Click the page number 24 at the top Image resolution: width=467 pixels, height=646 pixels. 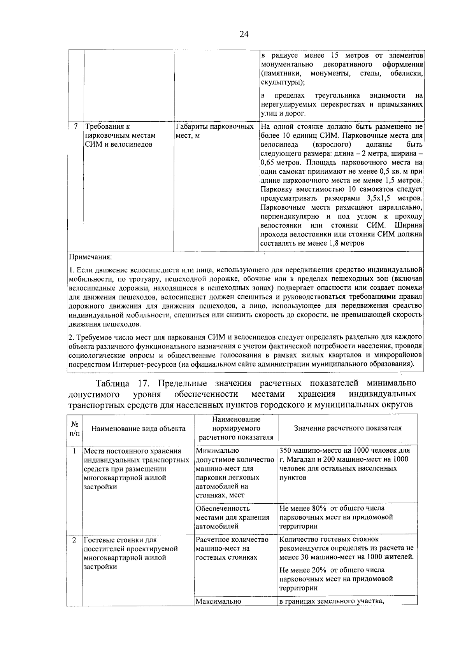[244, 34]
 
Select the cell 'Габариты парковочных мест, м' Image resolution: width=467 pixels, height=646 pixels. [215, 131]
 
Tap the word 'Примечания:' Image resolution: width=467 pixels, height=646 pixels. [90, 257]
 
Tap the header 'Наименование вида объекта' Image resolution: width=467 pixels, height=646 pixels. [138, 429]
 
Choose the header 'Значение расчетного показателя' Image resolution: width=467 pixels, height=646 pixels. [348, 428]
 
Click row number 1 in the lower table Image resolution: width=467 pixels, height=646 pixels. [74, 451]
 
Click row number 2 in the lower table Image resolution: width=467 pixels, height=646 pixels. [74, 540]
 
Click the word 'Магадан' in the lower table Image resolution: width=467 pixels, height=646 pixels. [300, 459]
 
